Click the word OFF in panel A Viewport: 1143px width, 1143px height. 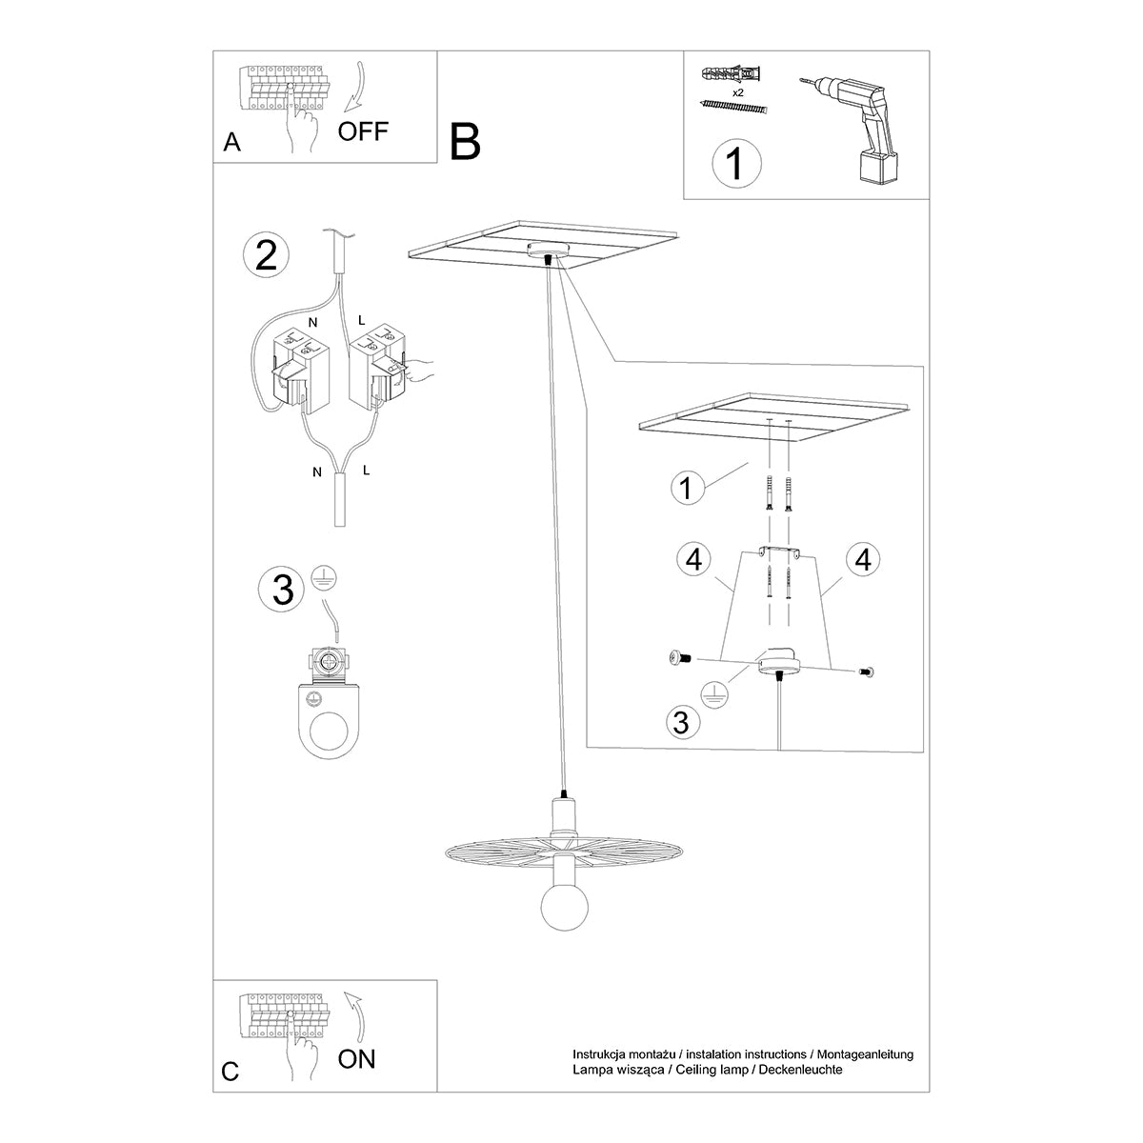[x=363, y=130]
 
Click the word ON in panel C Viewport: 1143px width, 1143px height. [x=357, y=1058]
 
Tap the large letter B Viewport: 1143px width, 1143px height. [x=466, y=141]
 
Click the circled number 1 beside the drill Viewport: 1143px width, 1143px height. [x=737, y=163]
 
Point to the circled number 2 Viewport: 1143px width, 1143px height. [x=267, y=256]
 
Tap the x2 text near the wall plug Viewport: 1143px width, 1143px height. [x=738, y=93]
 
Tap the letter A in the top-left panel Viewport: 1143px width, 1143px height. [x=231, y=143]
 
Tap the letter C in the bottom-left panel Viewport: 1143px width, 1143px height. [x=231, y=1072]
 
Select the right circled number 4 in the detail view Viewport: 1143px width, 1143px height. [x=862, y=559]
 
